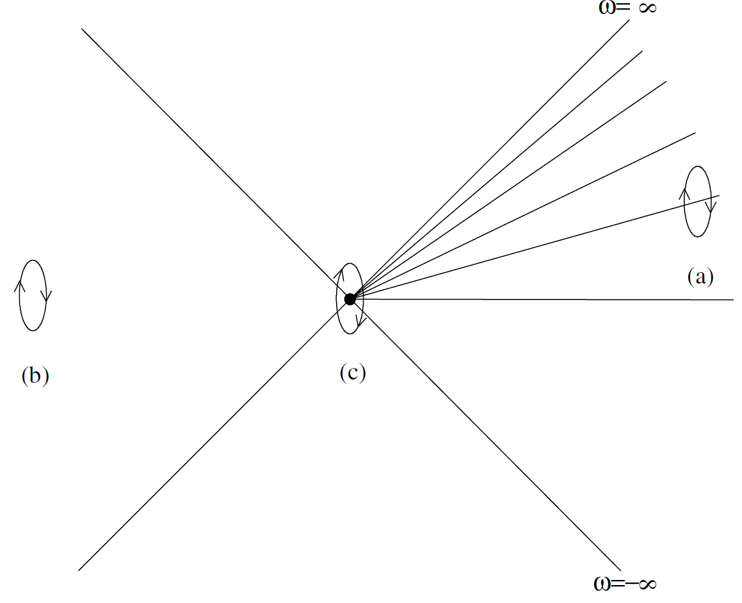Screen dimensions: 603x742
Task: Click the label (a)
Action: coord(699,277)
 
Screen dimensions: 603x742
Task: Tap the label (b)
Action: coord(35,376)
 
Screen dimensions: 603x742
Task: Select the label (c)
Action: coord(353,373)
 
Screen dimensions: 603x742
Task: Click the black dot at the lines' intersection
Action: coord(350,299)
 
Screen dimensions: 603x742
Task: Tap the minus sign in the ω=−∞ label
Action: coord(627,584)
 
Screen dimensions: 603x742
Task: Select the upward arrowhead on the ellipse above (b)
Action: coord(20,285)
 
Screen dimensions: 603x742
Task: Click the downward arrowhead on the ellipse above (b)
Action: coord(46,297)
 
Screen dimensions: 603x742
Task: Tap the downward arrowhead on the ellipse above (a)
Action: coord(711,208)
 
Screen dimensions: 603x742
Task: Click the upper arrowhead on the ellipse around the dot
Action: coord(339,274)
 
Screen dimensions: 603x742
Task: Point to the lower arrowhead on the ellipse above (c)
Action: coord(360,321)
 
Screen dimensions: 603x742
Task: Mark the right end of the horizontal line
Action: coord(733,300)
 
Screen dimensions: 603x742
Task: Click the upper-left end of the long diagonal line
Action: coord(83,29)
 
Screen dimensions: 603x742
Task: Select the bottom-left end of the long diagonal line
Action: coord(79,570)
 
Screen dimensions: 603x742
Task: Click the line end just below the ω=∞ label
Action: coord(630,29)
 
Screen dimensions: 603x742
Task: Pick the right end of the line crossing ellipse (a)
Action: coord(720,195)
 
